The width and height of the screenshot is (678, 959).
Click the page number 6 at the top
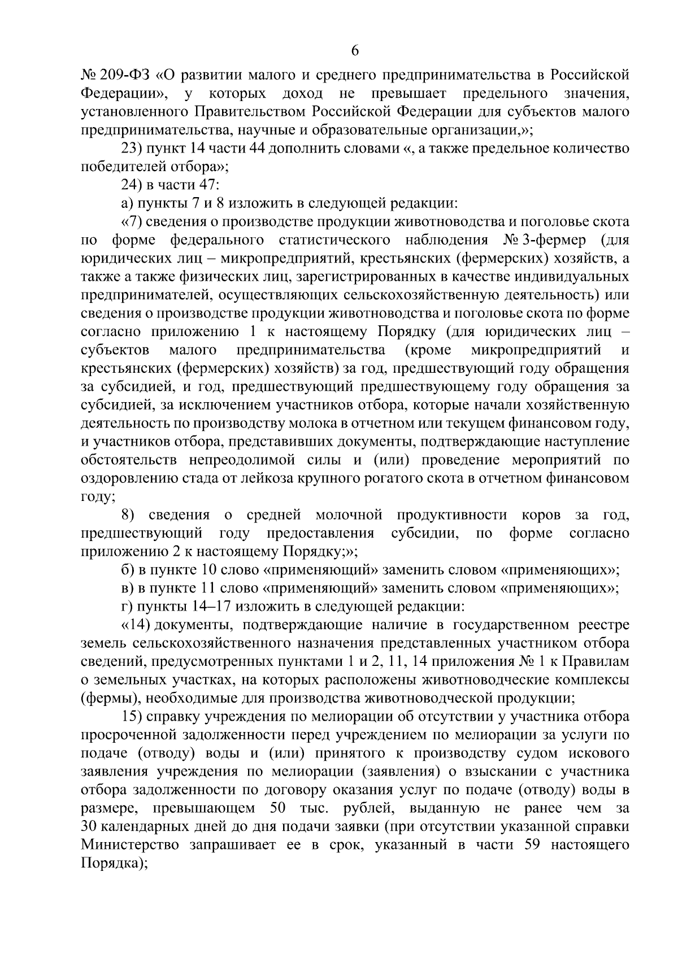click(355, 50)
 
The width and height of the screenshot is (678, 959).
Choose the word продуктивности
click(451, 516)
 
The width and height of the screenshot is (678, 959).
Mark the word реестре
click(604, 626)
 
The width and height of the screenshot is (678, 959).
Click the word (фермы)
click(107, 699)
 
